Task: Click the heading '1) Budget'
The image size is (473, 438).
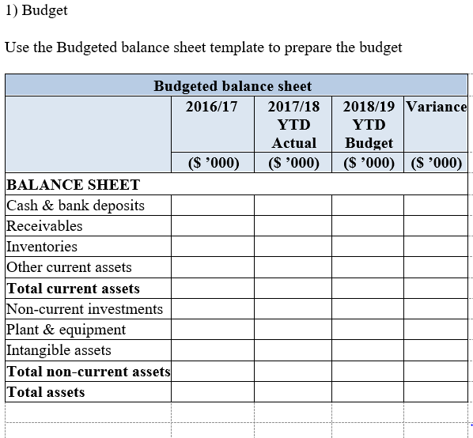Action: click(36, 10)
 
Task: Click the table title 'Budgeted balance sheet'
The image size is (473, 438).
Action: click(233, 85)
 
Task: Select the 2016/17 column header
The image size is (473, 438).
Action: click(211, 106)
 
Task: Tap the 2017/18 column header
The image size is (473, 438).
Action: click(294, 106)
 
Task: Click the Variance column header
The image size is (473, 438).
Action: click(436, 106)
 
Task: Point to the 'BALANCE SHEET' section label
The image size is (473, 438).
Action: click(73, 185)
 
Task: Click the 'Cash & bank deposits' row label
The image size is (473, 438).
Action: click(75, 206)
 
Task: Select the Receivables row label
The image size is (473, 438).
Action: click(44, 226)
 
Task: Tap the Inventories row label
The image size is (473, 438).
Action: click(42, 247)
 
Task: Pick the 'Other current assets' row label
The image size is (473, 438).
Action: click(69, 267)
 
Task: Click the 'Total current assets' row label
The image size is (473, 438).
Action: click(73, 289)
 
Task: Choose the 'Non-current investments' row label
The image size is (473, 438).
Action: click(85, 309)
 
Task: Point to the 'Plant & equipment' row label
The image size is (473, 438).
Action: click(66, 330)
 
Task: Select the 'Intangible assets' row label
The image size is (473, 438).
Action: click(59, 350)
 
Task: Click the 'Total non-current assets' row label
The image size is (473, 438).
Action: click(88, 371)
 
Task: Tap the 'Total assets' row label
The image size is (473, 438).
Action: click(45, 392)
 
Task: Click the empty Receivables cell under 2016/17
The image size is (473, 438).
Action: click(212, 226)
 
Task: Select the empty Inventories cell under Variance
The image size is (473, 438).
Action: click(436, 247)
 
